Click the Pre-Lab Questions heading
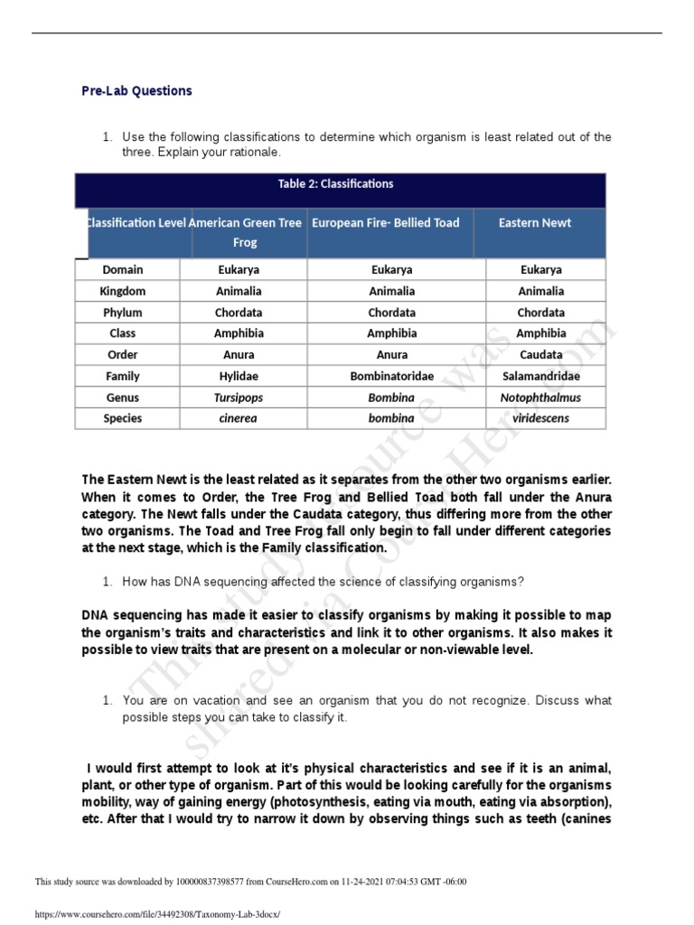click(136, 90)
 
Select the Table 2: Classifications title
click(335, 184)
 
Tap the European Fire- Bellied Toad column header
click(385, 223)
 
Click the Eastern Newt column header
click(535, 223)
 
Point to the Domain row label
click(123, 270)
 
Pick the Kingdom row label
click(123, 292)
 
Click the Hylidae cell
click(239, 377)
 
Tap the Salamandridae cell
click(541, 377)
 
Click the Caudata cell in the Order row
click(541, 355)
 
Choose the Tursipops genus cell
click(239, 397)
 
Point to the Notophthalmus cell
click(541, 397)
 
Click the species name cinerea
click(239, 419)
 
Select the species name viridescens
click(541, 419)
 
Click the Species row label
click(123, 419)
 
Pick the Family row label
click(123, 377)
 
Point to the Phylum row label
click(123, 313)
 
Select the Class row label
click(123, 334)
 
